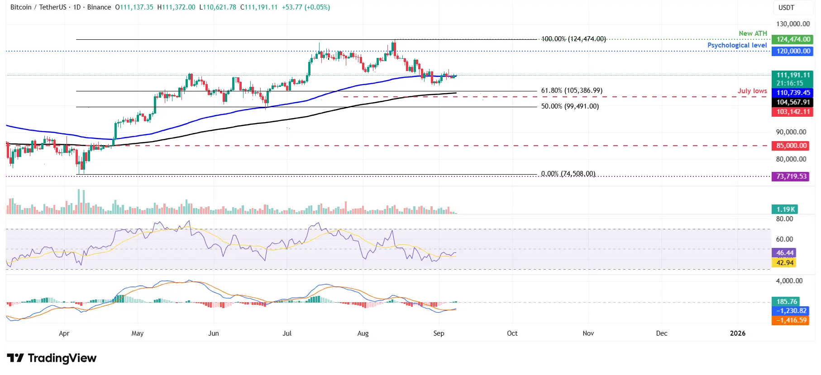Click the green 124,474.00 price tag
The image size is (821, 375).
(793, 39)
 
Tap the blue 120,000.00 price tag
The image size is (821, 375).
(793, 51)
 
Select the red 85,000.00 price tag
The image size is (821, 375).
(791, 146)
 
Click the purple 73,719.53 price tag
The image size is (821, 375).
(791, 176)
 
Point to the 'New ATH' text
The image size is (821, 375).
(753, 33)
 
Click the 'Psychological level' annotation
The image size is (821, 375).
(737, 45)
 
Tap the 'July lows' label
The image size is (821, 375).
(752, 91)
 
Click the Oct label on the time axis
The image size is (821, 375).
(512, 333)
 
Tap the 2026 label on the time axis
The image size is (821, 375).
(737, 333)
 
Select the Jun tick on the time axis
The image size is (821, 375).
(213, 333)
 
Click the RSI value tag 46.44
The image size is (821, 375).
(784, 253)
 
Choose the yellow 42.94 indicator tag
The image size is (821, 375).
(784, 263)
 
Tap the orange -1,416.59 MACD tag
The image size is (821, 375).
(791, 320)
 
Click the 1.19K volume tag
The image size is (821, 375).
(785, 209)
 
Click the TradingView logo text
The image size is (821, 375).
(62, 358)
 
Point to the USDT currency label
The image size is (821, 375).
(786, 8)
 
